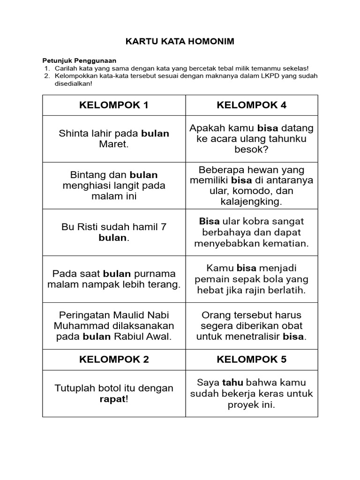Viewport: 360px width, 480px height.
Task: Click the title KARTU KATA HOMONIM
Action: pos(180,42)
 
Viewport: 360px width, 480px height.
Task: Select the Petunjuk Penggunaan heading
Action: pos(79,60)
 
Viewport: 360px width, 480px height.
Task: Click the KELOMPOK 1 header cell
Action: pos(114,105)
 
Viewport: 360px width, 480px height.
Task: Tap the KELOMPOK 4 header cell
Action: pos(251,105)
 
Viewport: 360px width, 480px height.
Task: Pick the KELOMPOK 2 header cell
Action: pos(114,360)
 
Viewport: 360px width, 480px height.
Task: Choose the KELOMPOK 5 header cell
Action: pos(251,360)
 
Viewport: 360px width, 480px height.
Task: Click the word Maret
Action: pos(114,144)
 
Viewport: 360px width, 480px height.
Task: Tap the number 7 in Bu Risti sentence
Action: pos(164,227)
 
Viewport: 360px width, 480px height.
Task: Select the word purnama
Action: pos(155,274)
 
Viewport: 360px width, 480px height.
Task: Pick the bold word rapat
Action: pos(112,399)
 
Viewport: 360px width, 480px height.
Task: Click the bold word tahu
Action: pos(230,383)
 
